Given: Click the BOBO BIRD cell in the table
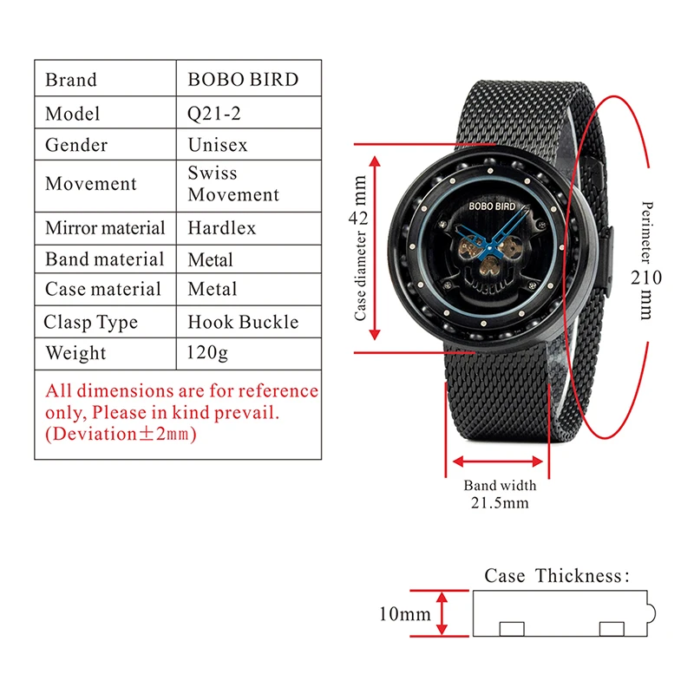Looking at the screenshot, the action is (243, 80).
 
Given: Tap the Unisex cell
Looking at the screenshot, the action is (218, 145).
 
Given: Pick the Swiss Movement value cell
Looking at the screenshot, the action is (233, 183).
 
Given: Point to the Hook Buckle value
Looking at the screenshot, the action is (243, 322).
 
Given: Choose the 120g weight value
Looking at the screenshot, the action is (207, 353).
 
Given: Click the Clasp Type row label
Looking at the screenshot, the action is (91, 323).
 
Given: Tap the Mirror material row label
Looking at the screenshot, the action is (105, 228).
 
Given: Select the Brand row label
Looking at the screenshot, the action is (71, 80).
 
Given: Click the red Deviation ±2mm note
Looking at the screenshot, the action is (121, 433).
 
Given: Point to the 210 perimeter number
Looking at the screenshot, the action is (646, 278).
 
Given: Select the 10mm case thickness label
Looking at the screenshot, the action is (404, 614).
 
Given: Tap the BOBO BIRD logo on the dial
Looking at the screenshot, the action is (492, 206).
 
